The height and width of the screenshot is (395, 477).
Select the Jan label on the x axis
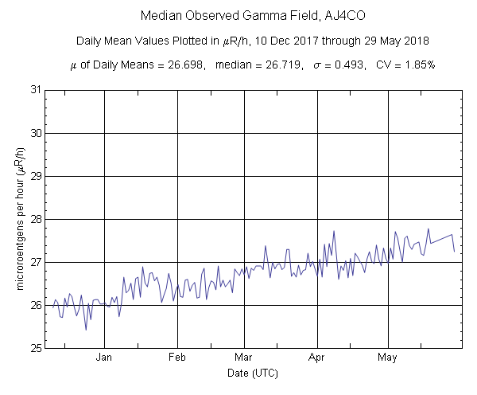[104, 358]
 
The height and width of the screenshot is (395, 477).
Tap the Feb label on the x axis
[176, 358]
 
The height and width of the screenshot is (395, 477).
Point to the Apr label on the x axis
[317, 358]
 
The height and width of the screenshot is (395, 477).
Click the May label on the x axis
[387, 358]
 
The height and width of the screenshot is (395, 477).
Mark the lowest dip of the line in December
[86, 329]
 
